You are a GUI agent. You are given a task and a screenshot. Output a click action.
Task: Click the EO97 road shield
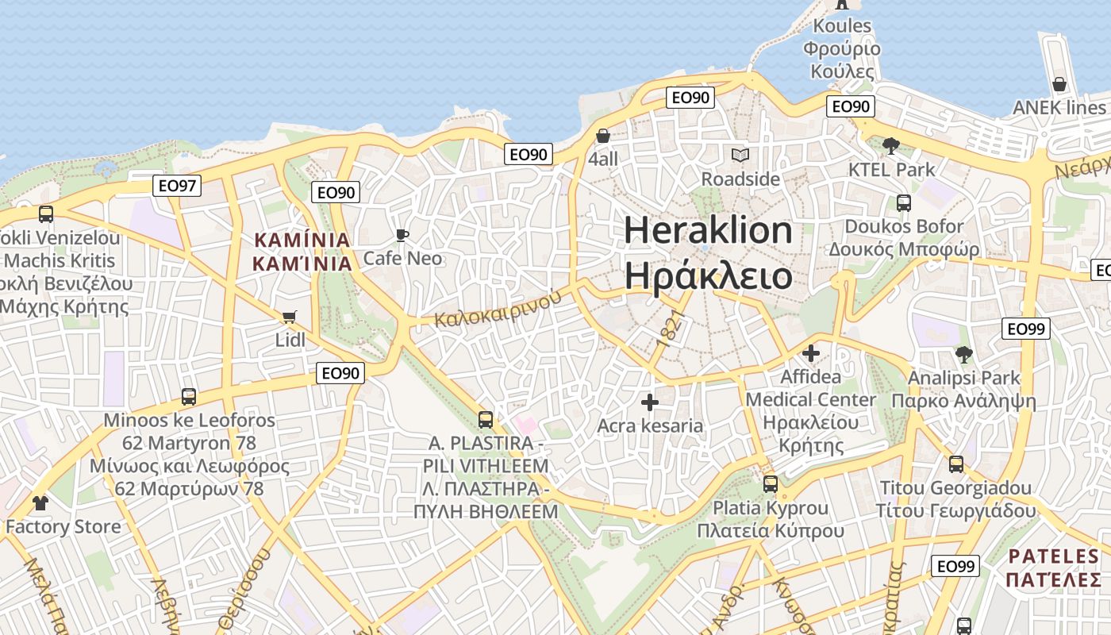tap(177, 186)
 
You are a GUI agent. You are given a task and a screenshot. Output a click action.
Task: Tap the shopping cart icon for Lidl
tap(289, 317)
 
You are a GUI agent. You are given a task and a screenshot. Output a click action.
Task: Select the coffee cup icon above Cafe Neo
tap(402, 235)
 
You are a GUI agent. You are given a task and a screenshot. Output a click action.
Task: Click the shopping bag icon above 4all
tap(603, 136)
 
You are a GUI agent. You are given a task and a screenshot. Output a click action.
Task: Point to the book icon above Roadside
tap(740, 156)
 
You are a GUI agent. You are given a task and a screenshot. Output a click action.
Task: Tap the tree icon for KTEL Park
tap(891, 146)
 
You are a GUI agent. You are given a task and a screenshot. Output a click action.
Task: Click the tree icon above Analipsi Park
tap(963, 354)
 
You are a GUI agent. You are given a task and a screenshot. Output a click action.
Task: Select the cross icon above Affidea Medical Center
tap(811, 353)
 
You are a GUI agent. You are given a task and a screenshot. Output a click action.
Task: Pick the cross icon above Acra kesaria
tap(649, 402)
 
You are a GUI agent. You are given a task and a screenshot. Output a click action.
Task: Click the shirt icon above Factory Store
tap(40, 502)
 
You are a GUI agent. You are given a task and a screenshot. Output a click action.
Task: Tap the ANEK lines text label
tap(1059, 108)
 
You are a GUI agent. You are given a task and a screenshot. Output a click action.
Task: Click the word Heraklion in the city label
tap(708, 230)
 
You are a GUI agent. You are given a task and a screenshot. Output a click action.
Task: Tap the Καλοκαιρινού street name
tap(498, 308)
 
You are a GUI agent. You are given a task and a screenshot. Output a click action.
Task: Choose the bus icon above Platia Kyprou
tap(770, 483)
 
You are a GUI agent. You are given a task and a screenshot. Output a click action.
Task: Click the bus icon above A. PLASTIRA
tap(485, 419)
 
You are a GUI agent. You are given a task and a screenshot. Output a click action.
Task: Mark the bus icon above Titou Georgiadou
tap(955, 464)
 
